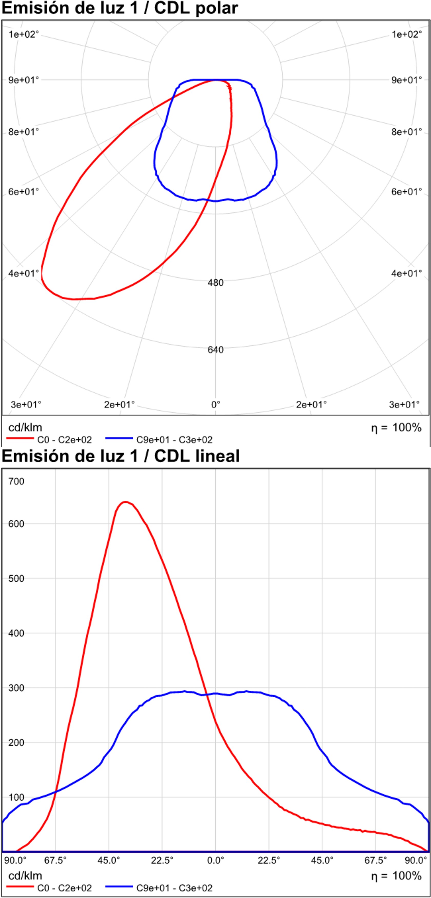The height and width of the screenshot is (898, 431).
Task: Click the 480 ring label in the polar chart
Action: point(215,282)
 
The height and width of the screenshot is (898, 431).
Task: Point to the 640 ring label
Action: point(215,350)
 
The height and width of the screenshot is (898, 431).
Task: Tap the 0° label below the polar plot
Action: point(216,404)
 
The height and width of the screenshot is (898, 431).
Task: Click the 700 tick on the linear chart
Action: point(16,481)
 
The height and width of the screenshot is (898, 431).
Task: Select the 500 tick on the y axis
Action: point(16,579)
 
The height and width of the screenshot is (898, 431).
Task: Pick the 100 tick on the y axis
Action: point(16,797)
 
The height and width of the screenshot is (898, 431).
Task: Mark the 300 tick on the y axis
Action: point(16,688)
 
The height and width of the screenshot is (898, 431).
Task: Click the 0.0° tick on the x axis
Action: point(215,860)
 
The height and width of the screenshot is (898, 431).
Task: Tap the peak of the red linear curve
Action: point(125,502)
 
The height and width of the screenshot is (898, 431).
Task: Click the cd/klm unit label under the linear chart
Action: point(25,876)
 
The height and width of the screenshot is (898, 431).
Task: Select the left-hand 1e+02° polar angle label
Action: point(23,34)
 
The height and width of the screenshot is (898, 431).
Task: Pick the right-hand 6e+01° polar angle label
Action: point(406,191)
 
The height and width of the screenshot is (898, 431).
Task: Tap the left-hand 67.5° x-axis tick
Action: point(55,860)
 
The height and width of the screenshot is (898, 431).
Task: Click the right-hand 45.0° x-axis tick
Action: point(322,860)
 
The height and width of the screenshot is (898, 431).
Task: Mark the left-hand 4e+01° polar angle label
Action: point(23,273)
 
